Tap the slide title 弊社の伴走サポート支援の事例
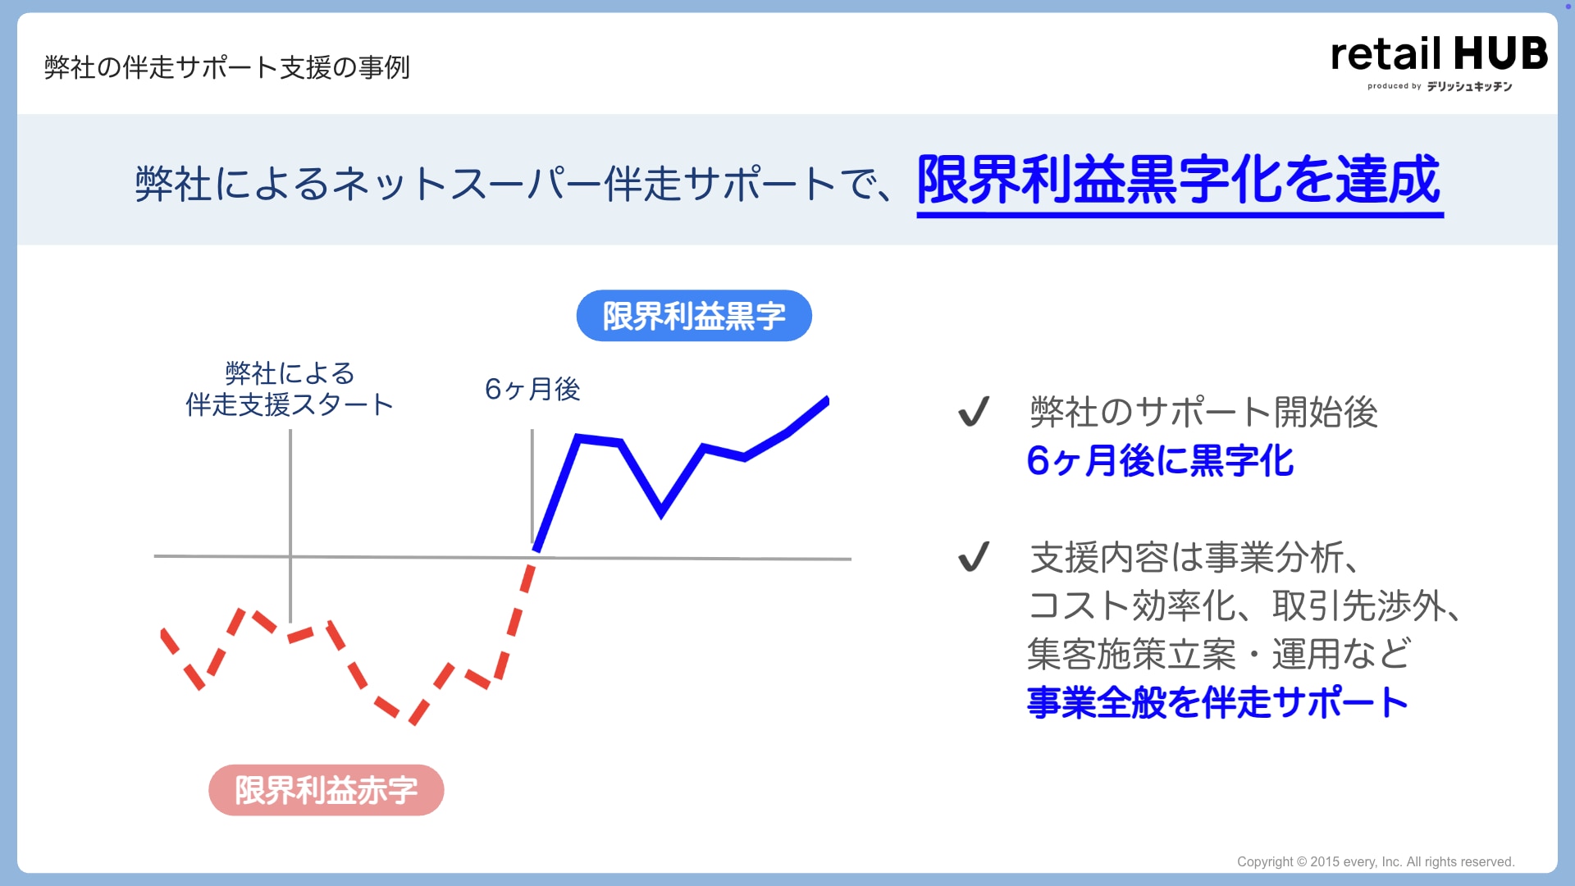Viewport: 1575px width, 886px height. coord(227,67)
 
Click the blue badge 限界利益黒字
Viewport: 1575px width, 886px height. coord(694,316)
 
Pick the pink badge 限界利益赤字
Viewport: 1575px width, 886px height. coord(326,790)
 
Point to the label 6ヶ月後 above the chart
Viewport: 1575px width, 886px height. coord(532,389)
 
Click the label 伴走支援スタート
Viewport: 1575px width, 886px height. coord(290,404)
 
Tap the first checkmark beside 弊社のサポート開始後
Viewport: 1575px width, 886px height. coord(974,411)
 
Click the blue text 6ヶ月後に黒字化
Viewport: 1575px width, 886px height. coord(1161,460)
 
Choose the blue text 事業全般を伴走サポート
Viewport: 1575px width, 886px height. coord(1218,702)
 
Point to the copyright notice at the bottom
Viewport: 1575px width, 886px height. coord(1376,861)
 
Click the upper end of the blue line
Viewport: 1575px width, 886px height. coord(827,400)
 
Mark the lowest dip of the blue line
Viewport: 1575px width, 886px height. coord(661,514)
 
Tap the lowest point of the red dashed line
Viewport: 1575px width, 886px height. coord(413,721)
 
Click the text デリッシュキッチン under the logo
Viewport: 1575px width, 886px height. coord(1469,86)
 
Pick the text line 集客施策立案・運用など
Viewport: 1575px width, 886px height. coord(1219,655)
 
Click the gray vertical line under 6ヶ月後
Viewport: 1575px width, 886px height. coord(532,486)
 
